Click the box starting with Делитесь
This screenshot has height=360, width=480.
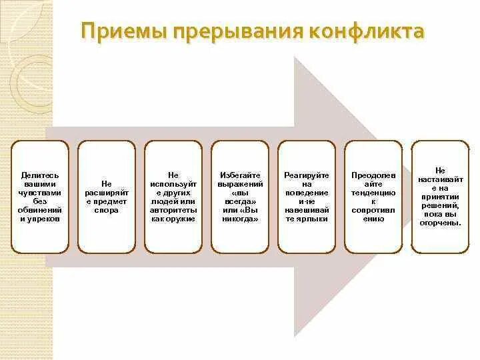[x=39, y=197]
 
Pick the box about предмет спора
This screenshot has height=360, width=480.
[x=106, y=197]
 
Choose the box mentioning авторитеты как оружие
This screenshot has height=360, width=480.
[x=173, y=197]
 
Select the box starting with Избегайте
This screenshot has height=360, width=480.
[x=239, y=197]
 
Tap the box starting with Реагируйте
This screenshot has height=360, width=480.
[x=306, y=197]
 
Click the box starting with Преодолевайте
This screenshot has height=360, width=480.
[x=373, y=197]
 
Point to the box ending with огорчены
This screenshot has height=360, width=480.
[x=439, y=197]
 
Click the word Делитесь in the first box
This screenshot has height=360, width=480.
[x=39, y=175]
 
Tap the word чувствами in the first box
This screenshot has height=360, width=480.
[x=39, y=192]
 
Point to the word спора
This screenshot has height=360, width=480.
[x=106, y=210]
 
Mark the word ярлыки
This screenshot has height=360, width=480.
[x=320, y=219]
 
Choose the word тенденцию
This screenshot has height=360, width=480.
[x=373, y=192]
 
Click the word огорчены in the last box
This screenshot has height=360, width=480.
[x=441, y=223]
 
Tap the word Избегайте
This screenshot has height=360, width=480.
[x=239, y=175]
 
